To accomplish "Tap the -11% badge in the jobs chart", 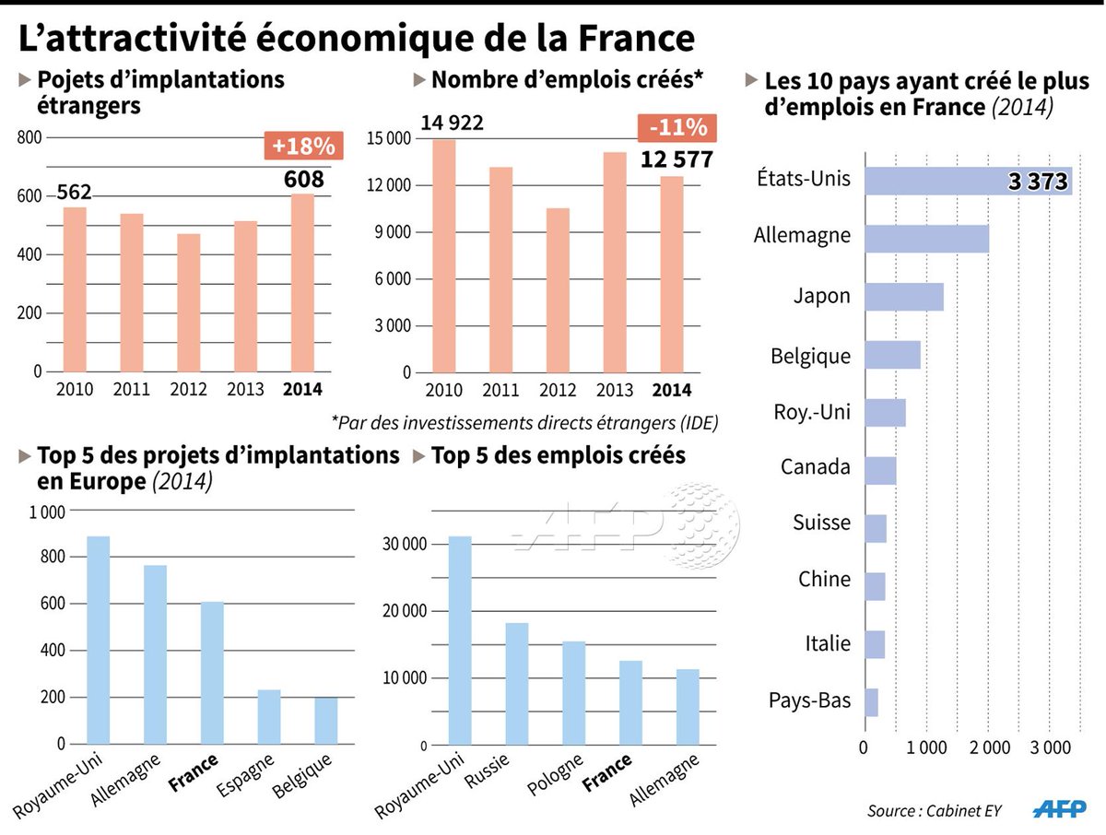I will [x=676, y=127].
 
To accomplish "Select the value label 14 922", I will [x=452, y=123].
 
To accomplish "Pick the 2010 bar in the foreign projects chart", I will [x=75, y=289].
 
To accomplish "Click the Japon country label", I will [x=822, y=297].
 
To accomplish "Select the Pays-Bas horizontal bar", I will [x=871, y=702].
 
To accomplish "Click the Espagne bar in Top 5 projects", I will [x=269, y=716].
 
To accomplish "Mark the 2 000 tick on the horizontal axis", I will [x=988, y=747].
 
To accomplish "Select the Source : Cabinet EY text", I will [x=934, y=811].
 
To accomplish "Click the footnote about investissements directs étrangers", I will [x=524, y=422].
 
